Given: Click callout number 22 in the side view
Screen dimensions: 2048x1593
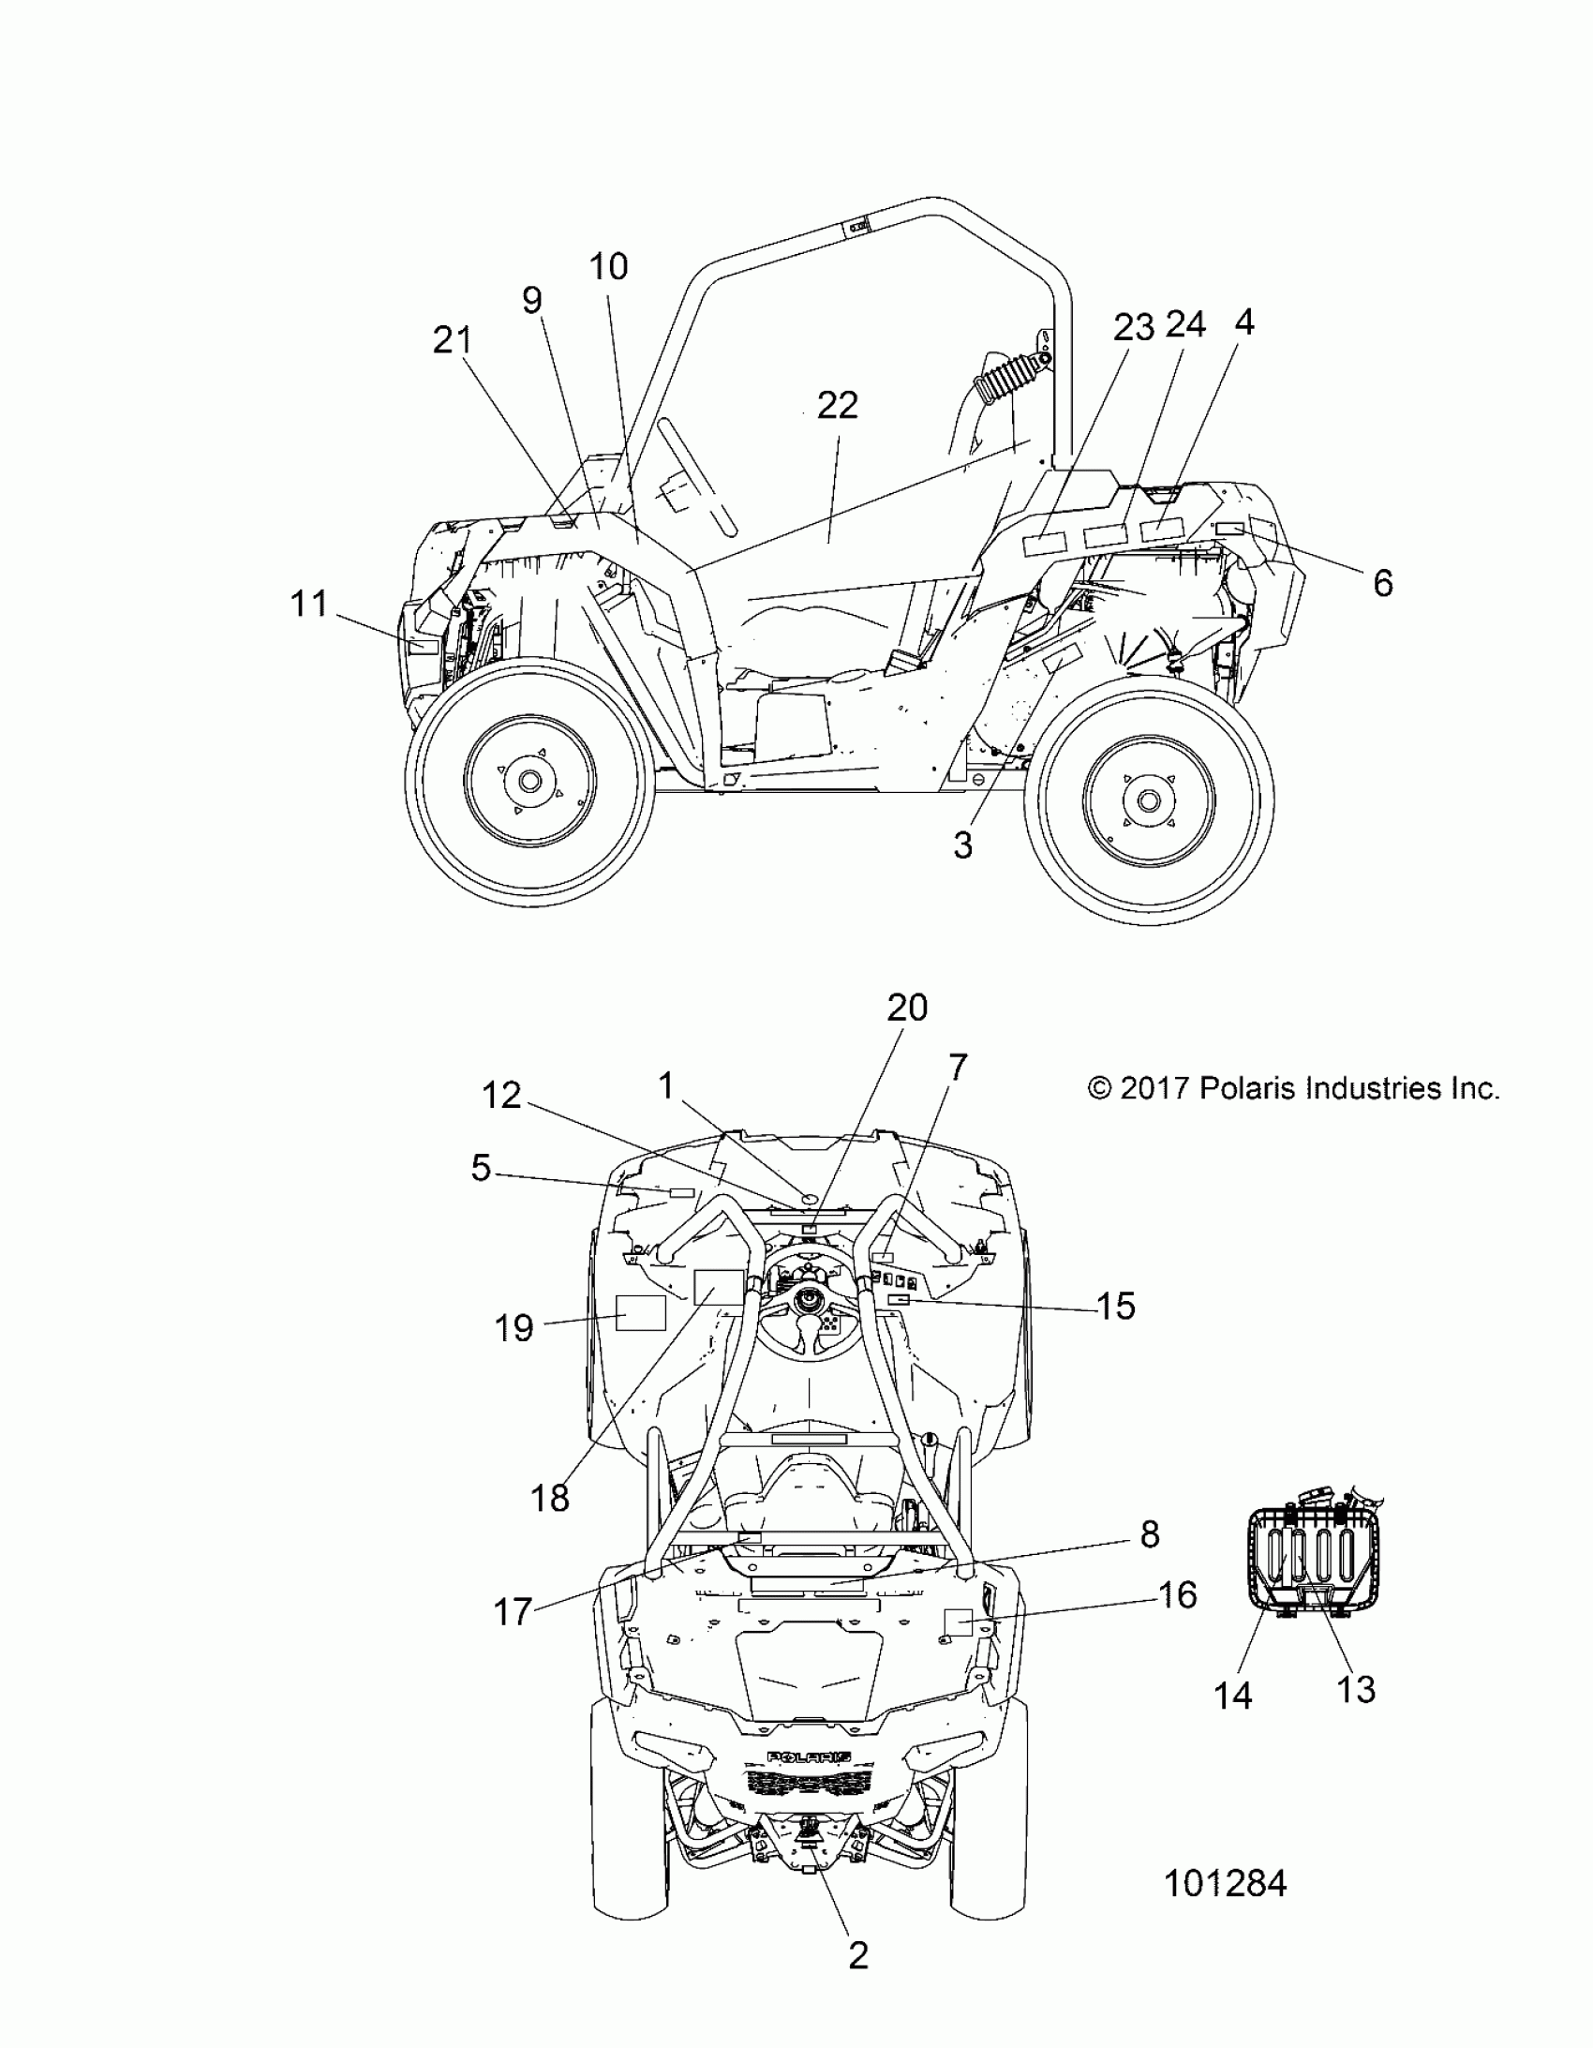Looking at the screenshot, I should click(x=837, y=406).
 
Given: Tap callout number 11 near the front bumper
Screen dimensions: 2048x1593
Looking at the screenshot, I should click(x=308, y=604).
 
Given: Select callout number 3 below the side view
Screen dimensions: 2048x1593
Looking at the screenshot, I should click(x=963, y=845).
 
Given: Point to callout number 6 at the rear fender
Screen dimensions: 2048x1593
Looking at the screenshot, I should click(x=1383, y=583).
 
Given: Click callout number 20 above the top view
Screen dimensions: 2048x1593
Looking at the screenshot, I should click(x=907, y=1008).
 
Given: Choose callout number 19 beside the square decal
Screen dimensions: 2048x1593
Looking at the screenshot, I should click(x=514, y=1328).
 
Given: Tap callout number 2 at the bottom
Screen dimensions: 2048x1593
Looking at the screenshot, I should click(x=858, y=1956).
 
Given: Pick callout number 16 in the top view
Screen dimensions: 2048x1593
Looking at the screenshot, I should click(x=1178, y=1595).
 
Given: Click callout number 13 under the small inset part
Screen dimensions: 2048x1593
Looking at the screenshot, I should click(x=1356, y=1690).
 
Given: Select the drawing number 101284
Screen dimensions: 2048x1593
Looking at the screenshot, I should click(x=1225, y=1884).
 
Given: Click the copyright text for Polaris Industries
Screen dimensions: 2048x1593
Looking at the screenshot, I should click(x=1294, y=1089).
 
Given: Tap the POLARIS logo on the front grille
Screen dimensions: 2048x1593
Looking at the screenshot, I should click(x=810, y=1757).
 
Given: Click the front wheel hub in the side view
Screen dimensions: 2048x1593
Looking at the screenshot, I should click(x=529, y=780).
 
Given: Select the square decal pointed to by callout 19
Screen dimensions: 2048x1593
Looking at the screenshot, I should click(x=640, y=1313).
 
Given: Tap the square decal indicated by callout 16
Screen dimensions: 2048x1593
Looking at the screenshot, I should click(x=958, y=1622).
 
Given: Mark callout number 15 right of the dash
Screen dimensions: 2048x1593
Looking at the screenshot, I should click(x=1116, y=1307).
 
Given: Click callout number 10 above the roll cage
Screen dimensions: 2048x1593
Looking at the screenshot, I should click(x=608, y=267).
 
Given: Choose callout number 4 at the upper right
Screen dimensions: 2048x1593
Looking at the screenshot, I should click(x=1243, y=322).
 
